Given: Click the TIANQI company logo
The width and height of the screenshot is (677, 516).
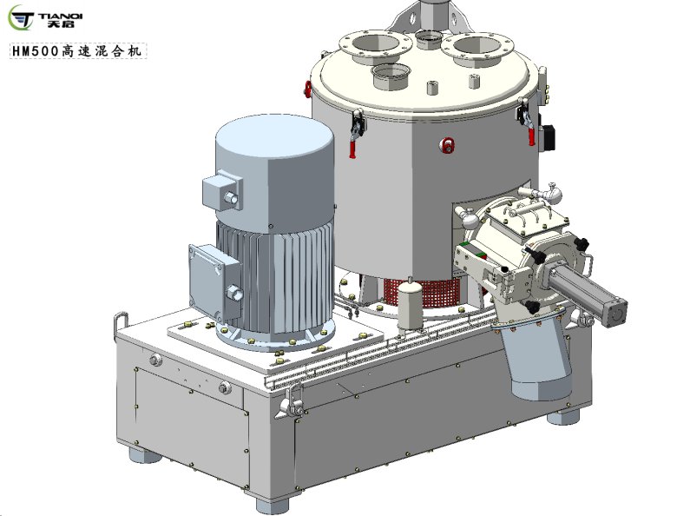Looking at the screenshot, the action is [45, 17].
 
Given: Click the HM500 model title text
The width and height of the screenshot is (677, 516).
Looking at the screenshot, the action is [78, 51].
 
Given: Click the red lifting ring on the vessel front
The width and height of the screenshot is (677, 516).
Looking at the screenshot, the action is [447, 145].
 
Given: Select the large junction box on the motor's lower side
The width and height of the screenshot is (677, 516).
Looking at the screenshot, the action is [214, 281].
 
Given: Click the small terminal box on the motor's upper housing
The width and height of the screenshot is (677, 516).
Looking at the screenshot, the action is [222, 190].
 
